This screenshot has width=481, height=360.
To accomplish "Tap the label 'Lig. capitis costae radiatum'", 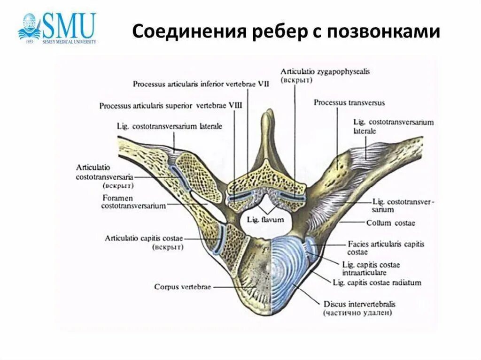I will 377,283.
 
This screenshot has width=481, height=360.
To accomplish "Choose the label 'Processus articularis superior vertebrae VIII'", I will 171,106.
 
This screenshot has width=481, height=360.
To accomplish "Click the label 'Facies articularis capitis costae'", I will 385,248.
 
